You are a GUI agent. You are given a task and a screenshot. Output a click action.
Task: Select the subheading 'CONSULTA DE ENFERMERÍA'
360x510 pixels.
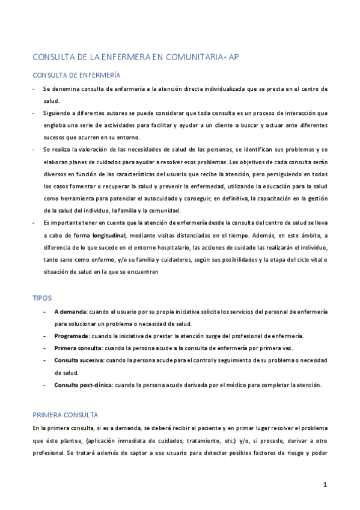(76, 75)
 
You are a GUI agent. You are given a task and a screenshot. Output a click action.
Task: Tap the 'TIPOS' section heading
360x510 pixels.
(42, 298)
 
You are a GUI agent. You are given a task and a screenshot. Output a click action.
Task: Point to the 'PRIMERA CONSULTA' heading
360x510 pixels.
(65, 415)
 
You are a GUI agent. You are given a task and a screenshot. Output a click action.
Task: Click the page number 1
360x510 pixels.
(325, 484)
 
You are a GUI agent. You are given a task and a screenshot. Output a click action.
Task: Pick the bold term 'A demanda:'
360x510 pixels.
(71, 312)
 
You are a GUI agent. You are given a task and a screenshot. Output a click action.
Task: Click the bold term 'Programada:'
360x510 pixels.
(72, 335)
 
